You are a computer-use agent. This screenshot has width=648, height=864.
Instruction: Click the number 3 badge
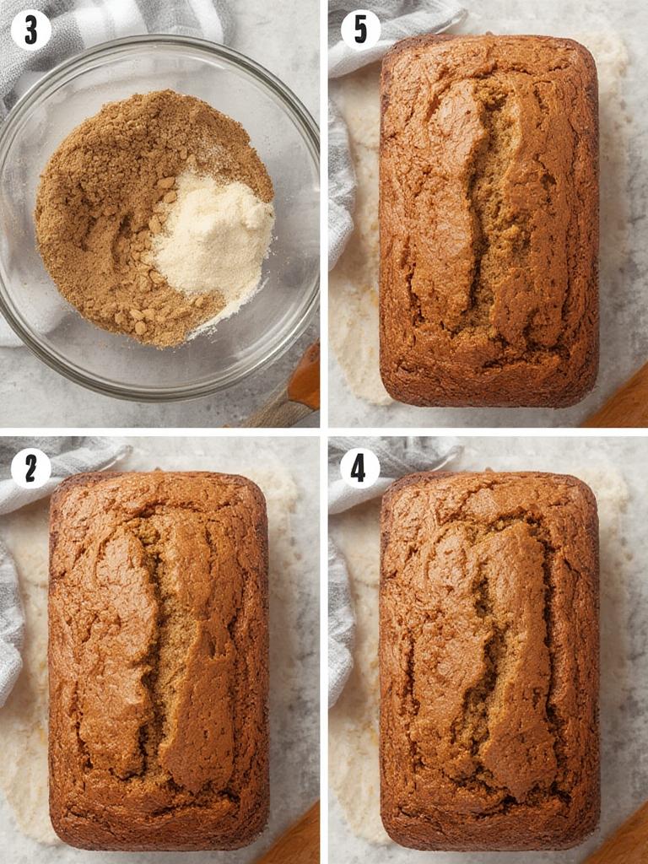point(31,30)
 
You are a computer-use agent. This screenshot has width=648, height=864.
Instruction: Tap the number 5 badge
point(360,30)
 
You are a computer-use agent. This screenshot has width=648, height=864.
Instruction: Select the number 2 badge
point(31,468)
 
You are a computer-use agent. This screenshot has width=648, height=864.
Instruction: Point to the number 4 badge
point(360,468)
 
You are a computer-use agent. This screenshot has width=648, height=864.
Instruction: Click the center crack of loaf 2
point(165,650)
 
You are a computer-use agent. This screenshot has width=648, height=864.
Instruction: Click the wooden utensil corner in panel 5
point(620,405)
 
